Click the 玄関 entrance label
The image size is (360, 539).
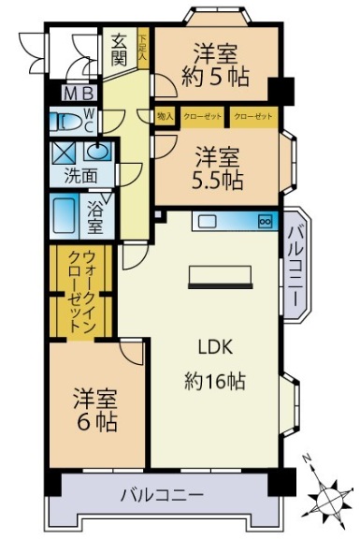click(x=119, y=51)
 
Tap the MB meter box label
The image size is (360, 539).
click(x=79, y=94)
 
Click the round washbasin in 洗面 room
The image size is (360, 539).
click(x=98, y=152)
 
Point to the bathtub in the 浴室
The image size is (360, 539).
click(x=65, y=216)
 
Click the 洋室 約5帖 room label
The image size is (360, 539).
click(x=215, y=66)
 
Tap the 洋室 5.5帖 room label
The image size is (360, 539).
click(x=218, y=168)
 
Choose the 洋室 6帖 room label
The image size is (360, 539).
click(x=96, y=410)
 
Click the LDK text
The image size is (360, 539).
click(x=215, y=347)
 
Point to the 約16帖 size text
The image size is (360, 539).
click(x=215, y=382)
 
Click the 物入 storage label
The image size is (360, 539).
click(x=165, y=117)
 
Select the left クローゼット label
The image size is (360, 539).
click(x=203, y=117)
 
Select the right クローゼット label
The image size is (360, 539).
click(x=253, y=117)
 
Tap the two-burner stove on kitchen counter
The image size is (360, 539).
click(x=266, y=222)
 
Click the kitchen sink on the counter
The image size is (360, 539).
click(x=205, y=222)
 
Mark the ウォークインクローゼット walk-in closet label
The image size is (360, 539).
click(x=81, y=291)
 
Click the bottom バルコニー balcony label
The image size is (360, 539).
click(x=162, y=495)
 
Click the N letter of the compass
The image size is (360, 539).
click(x=307, y=458)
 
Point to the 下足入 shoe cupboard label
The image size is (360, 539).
click(x=143, y=49)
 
